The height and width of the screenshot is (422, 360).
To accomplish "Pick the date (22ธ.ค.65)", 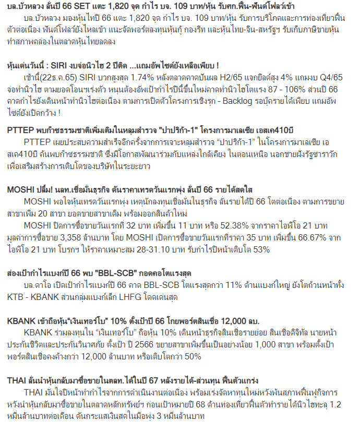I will click(x=45, y=77).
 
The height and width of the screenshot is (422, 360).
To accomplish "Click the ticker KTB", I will click(x=16, y=296).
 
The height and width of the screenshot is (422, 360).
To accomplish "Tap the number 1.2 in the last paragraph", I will click(x=337, y=404).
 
